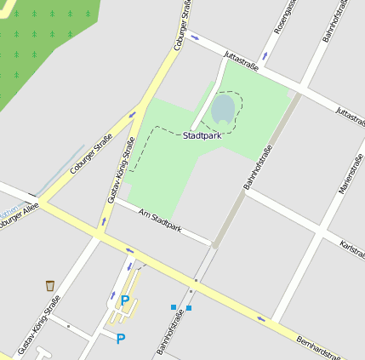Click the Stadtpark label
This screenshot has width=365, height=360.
(x=202, y=134)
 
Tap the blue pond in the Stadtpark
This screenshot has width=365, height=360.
(x=223, y=109)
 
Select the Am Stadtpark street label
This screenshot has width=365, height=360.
(x=160, y=220)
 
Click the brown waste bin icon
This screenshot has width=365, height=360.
(x=50, y=285)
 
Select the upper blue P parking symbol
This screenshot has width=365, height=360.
(x=125, y=300)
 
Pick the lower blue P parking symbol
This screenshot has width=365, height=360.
(x=120, y=339)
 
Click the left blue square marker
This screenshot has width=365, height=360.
(x=174, y=306)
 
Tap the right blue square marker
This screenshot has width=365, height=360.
(x=189, y=307)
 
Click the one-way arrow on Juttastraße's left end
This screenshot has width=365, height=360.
(x=195, y=37)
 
